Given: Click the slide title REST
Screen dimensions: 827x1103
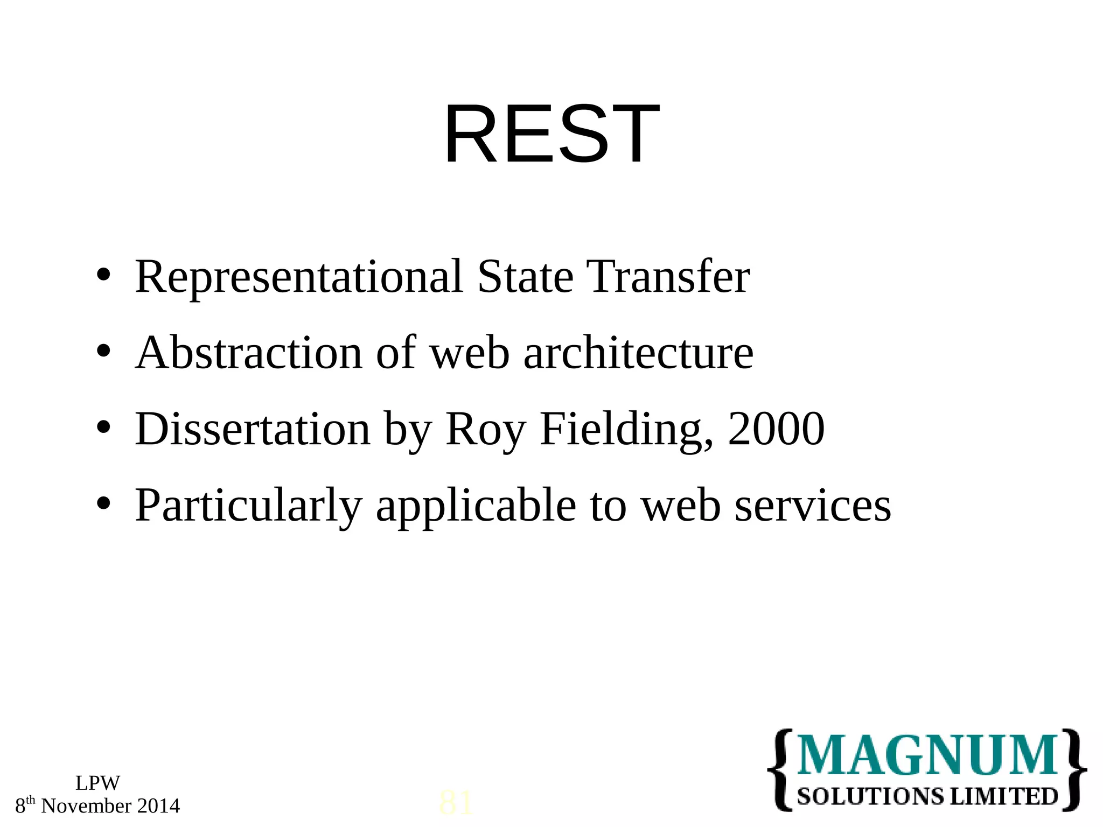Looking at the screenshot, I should (x=551, y=134).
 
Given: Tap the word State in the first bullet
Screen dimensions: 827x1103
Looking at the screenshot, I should (x=525, y=277).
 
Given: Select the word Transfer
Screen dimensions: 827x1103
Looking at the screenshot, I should (x=668, y=277).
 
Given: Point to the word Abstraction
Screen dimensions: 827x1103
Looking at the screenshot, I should (x=249, y=353).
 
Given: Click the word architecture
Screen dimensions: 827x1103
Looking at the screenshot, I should (x=638, y=353).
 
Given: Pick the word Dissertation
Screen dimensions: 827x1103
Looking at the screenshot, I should (x=253, y=430).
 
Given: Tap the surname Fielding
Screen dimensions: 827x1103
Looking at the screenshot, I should (x=627, y=430).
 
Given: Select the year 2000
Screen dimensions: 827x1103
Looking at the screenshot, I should (x=776, y=430).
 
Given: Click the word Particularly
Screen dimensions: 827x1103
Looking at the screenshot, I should (x=248, y=506).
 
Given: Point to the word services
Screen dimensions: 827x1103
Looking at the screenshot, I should (x=813, y=506).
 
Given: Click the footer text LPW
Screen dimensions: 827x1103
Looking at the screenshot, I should (x=97, y=783).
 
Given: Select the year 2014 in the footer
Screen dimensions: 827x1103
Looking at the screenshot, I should (x=158, y=806).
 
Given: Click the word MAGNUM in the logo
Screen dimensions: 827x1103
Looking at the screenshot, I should (x=927, y=755).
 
